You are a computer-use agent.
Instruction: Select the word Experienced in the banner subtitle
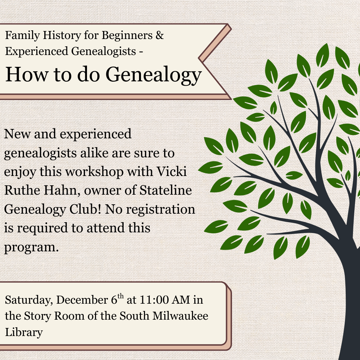point(37,51)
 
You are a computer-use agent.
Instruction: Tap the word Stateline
point(166,190)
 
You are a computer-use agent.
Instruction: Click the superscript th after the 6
point(121,297)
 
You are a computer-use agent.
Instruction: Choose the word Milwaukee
point(180,316)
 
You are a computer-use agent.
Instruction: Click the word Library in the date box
point(24,332)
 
